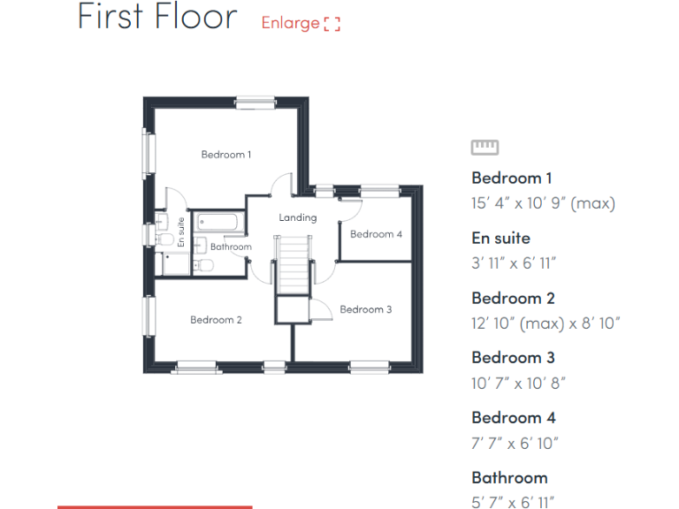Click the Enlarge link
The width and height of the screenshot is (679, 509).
(300, 23)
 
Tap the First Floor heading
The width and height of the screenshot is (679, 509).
(157, 17)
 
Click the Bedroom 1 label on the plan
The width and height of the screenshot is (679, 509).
(226, 155)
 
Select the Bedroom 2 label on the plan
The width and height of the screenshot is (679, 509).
(216, 320)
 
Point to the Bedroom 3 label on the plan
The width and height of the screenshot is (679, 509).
(365, 309)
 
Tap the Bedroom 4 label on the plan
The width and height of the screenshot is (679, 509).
(376, 234)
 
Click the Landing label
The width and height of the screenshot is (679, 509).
(297, 217)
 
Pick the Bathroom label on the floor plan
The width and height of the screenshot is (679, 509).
(231, 247)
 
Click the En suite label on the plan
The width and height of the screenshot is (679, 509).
(181, 232)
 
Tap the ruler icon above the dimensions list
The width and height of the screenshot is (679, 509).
(484, 148)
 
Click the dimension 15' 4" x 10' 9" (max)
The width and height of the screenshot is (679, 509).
(543, 203)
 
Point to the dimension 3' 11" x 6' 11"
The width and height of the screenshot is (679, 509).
(514, 263)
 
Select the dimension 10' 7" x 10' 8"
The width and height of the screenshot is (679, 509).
(518, 383)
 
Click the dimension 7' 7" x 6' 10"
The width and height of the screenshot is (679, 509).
(515, 443)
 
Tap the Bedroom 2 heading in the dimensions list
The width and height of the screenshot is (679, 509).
(513, 298)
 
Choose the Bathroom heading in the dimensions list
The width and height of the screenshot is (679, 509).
(509, 477)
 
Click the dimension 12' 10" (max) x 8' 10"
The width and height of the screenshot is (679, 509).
(545, 323)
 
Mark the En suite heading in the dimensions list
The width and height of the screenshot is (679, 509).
(500, 238)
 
